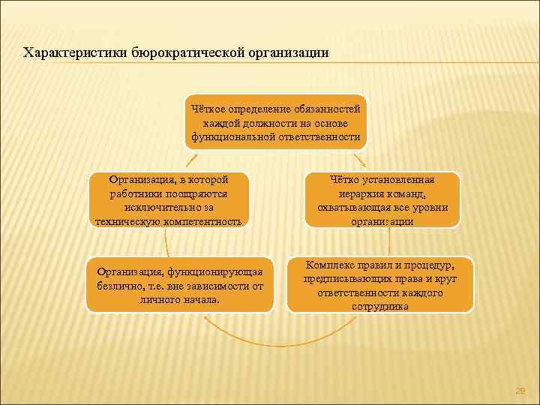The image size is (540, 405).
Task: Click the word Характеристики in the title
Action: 75,54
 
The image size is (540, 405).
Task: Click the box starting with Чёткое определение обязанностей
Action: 276,122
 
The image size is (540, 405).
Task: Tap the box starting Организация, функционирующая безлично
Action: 180,285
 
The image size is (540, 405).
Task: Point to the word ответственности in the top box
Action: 320,137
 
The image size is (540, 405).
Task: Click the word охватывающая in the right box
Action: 351,207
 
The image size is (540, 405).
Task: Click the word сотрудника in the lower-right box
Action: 379,306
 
